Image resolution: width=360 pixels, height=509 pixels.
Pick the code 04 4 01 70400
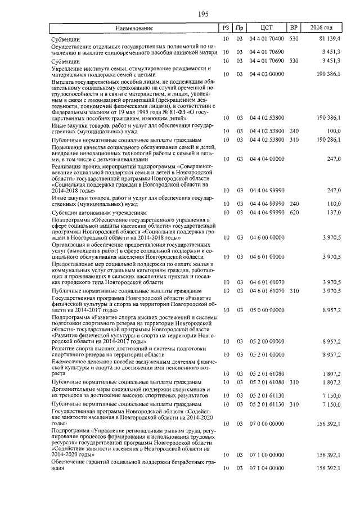[x=267, y=40]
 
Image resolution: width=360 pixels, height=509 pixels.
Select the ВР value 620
[x=293, y=213]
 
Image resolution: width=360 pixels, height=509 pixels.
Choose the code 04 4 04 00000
[x=267, y=160]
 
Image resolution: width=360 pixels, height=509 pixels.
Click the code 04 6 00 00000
[x=267, y=238]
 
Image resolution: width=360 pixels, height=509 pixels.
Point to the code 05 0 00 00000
[x=267, y=310]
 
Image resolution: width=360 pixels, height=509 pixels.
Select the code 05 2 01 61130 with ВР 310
[x=267, y=404]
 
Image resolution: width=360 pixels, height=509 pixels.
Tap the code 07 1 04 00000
[x=267, y=468]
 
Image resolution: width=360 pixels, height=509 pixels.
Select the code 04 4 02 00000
[x=267, y=74]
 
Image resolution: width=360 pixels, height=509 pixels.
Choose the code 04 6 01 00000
[x=267, y=256]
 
